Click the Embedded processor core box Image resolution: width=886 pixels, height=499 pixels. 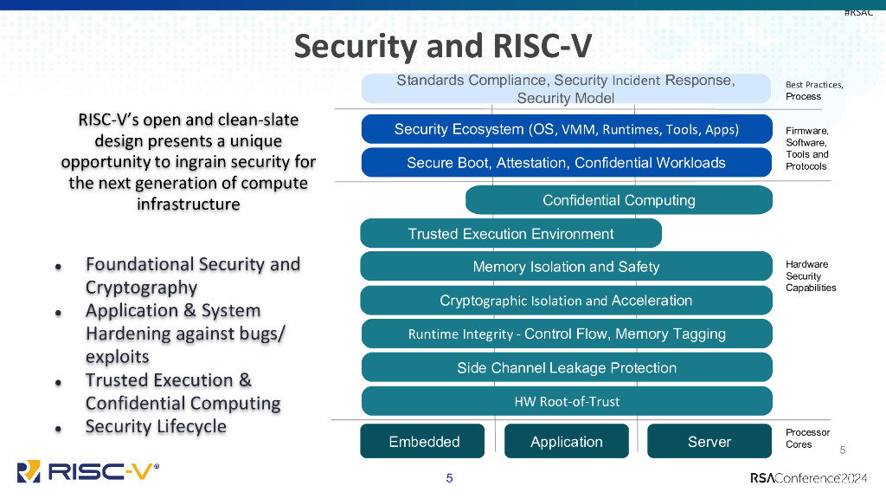coord(424,442)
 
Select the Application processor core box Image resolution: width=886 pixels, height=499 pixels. coord(567,442)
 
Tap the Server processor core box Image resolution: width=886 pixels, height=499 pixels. coord(709,442)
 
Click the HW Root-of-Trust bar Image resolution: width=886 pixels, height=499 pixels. coord(567,401)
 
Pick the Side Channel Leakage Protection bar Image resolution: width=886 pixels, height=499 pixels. coord(567,367)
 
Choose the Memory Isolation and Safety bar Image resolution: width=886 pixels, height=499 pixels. coord(566,267)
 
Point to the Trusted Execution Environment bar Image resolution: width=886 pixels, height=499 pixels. coord(510,234)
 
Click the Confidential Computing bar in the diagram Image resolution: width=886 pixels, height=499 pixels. coord(619,200)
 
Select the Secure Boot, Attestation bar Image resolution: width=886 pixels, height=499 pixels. coord(566,162)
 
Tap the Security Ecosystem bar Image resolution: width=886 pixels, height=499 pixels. coord(566,129)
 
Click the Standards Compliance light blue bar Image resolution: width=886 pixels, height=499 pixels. coord(566,88)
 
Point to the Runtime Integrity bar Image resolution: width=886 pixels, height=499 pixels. coord(567,334)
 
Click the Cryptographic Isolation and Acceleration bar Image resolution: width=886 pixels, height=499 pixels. coord(566,301)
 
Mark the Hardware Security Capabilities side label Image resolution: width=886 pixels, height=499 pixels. coord(810,275)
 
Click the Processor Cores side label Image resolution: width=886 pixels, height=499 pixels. coord(807,438)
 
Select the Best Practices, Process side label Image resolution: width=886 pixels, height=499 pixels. coord(813,90)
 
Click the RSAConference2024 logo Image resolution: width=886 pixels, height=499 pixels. coord(809,478)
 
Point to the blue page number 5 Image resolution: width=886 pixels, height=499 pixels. coord(449,478)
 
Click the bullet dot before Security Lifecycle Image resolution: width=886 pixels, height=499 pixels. coord(58,429)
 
